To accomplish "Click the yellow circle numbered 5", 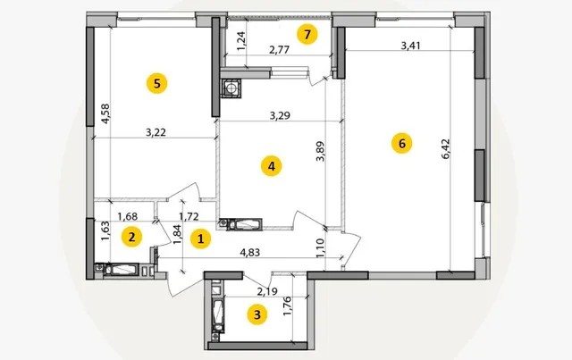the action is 157,84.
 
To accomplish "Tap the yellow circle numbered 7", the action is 307,34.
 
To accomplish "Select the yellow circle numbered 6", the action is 401,143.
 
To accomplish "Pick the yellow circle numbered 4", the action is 272,166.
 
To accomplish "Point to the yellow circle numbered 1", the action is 200,239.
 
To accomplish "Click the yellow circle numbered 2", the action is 131,237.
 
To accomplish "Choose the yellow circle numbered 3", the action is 257,314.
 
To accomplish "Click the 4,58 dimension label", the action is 105,113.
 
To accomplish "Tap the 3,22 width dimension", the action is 156,132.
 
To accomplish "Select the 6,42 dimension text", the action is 446,149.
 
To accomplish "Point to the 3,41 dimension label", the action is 411,46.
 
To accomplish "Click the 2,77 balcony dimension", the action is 280,50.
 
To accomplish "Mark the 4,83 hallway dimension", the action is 250,253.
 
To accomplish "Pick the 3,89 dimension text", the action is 320,151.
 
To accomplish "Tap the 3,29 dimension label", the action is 280,115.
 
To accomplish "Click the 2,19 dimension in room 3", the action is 267,291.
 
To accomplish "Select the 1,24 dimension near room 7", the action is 241,41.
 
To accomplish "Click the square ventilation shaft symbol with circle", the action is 231,88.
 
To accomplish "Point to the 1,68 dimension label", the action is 128,216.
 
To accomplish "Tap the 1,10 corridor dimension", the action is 320,248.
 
